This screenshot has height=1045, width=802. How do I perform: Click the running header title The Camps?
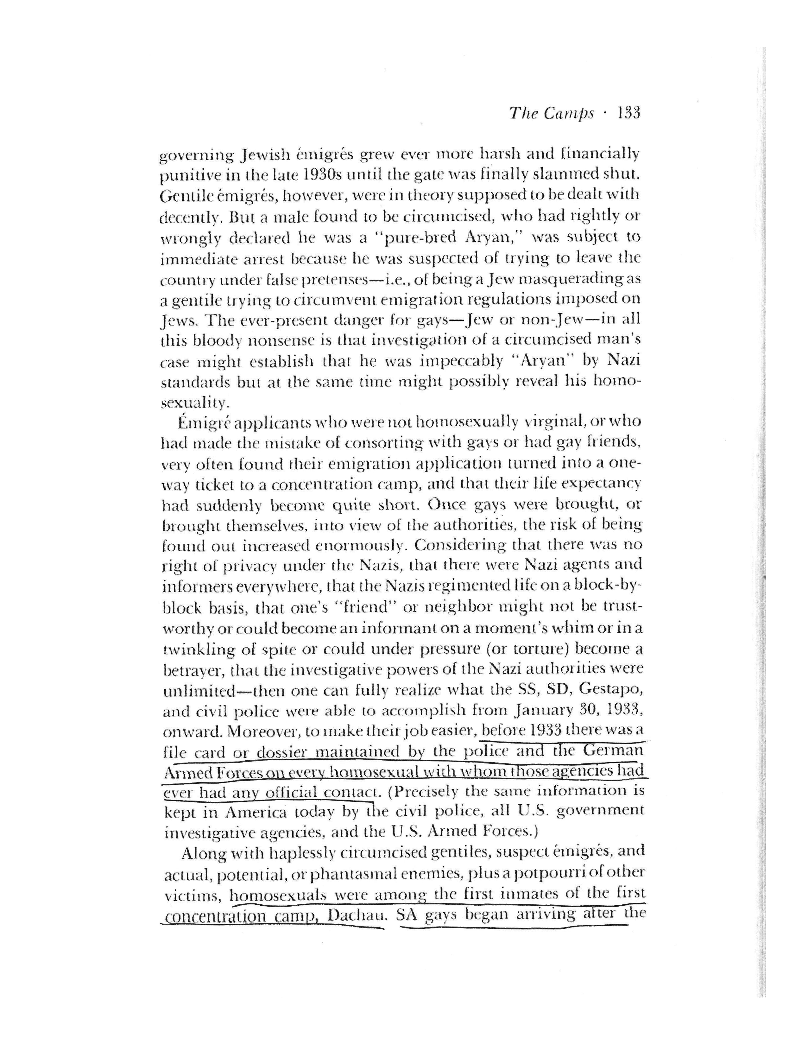pos(552,114)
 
